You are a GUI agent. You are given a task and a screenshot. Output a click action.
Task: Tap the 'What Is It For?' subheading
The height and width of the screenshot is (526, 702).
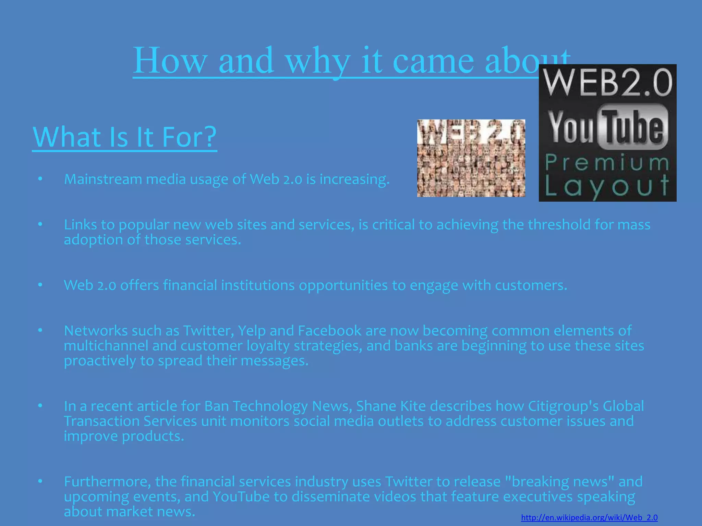pos(125,137)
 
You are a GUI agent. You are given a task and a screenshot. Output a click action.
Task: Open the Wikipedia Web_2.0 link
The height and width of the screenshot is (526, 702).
pos(589,517)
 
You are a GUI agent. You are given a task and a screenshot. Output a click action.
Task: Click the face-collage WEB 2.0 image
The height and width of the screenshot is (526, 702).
pos(471,158)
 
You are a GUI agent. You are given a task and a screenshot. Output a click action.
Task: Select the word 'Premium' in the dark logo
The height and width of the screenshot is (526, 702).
pos(607,163)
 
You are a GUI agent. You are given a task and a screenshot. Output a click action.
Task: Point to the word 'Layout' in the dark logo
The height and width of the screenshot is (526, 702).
pos(607,186)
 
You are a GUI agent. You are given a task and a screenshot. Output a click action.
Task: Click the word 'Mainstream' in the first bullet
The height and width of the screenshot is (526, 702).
pos(103,179)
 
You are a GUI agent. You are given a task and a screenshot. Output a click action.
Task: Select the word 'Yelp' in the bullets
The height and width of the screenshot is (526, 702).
pos(252,331)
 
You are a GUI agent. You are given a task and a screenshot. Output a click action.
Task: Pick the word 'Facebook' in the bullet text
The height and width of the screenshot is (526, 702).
pos(329,331)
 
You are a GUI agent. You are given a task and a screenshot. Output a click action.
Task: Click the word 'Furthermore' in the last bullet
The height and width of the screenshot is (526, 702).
pos(107,482)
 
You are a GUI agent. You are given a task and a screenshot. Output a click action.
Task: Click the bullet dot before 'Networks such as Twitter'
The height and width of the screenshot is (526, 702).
pos(40,330)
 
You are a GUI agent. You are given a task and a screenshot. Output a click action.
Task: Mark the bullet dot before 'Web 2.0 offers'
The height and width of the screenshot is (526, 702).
pos(40,285)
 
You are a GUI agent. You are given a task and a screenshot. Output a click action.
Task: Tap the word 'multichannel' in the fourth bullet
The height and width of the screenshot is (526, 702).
pos(106,346)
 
